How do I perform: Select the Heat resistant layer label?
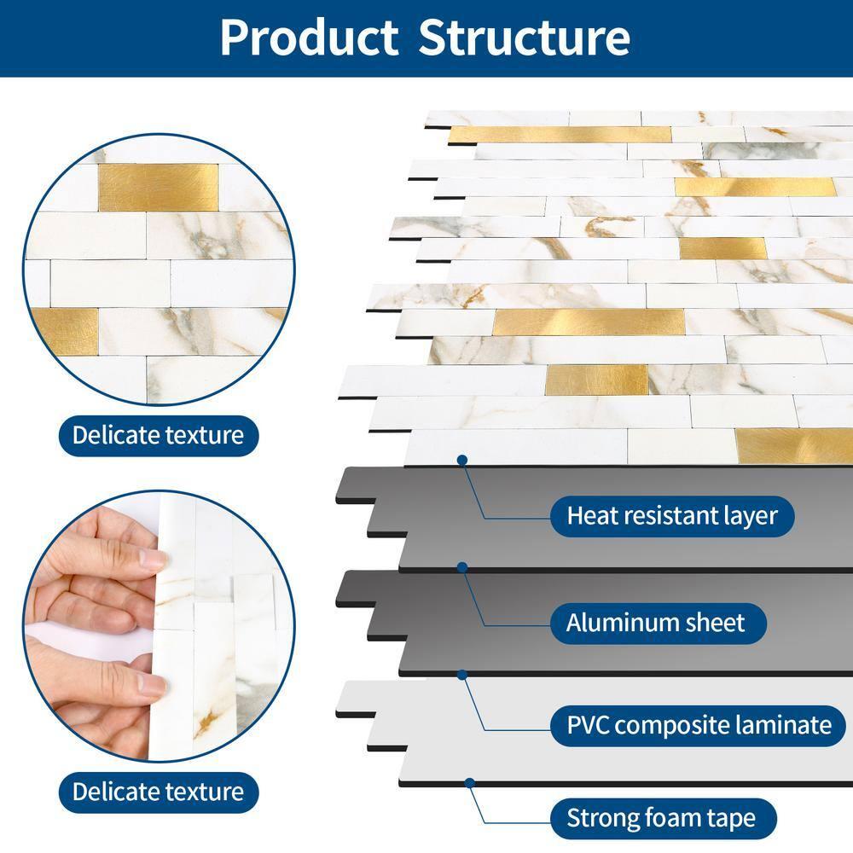pos(672,516)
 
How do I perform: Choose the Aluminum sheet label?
pos(658,624)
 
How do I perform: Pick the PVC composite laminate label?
pos(699,726)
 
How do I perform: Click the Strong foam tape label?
pos(663,819)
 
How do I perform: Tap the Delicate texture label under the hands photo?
pos(159,792)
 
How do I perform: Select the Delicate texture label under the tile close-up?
pos(159,436)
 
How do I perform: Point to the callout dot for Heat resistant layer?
pos(462,461)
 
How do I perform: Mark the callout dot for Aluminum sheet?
pos(462,568)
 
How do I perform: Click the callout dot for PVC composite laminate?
pos(462,675)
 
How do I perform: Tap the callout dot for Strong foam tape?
pos(469,783)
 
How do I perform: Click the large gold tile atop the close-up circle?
pos(159,188)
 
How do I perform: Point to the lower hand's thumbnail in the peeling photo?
pos(153,684)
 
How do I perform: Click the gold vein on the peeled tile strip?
pos(207,722)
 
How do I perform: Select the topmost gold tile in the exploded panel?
pos(560,135)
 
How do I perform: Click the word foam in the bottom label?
pos(668,819)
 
